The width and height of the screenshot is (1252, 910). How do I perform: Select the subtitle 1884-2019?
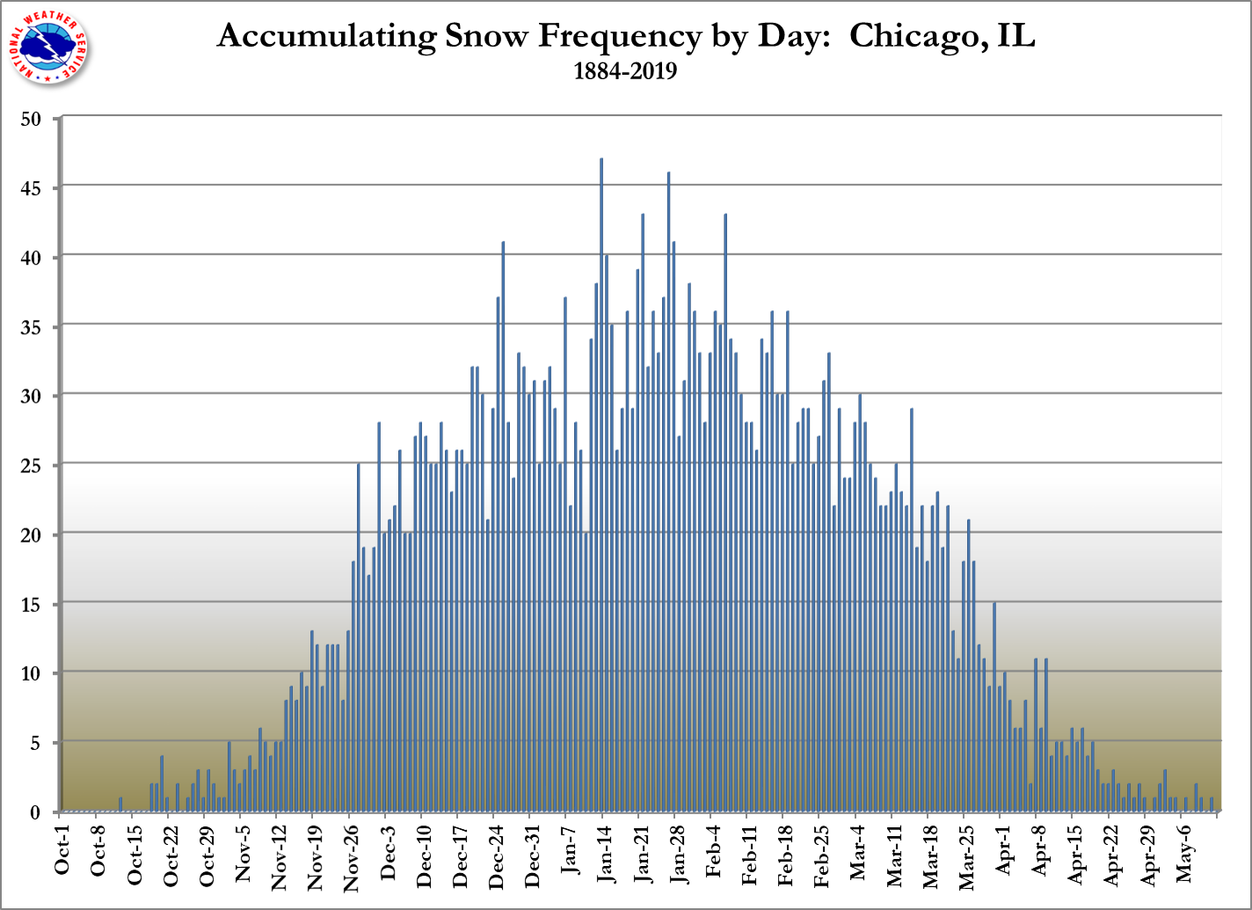coord(625,71)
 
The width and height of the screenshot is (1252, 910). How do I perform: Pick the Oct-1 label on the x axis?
coord(62,853)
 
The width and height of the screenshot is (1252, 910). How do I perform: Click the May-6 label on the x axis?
coord(1183,852)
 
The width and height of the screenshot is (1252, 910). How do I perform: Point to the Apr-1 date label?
coord(1001,852)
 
